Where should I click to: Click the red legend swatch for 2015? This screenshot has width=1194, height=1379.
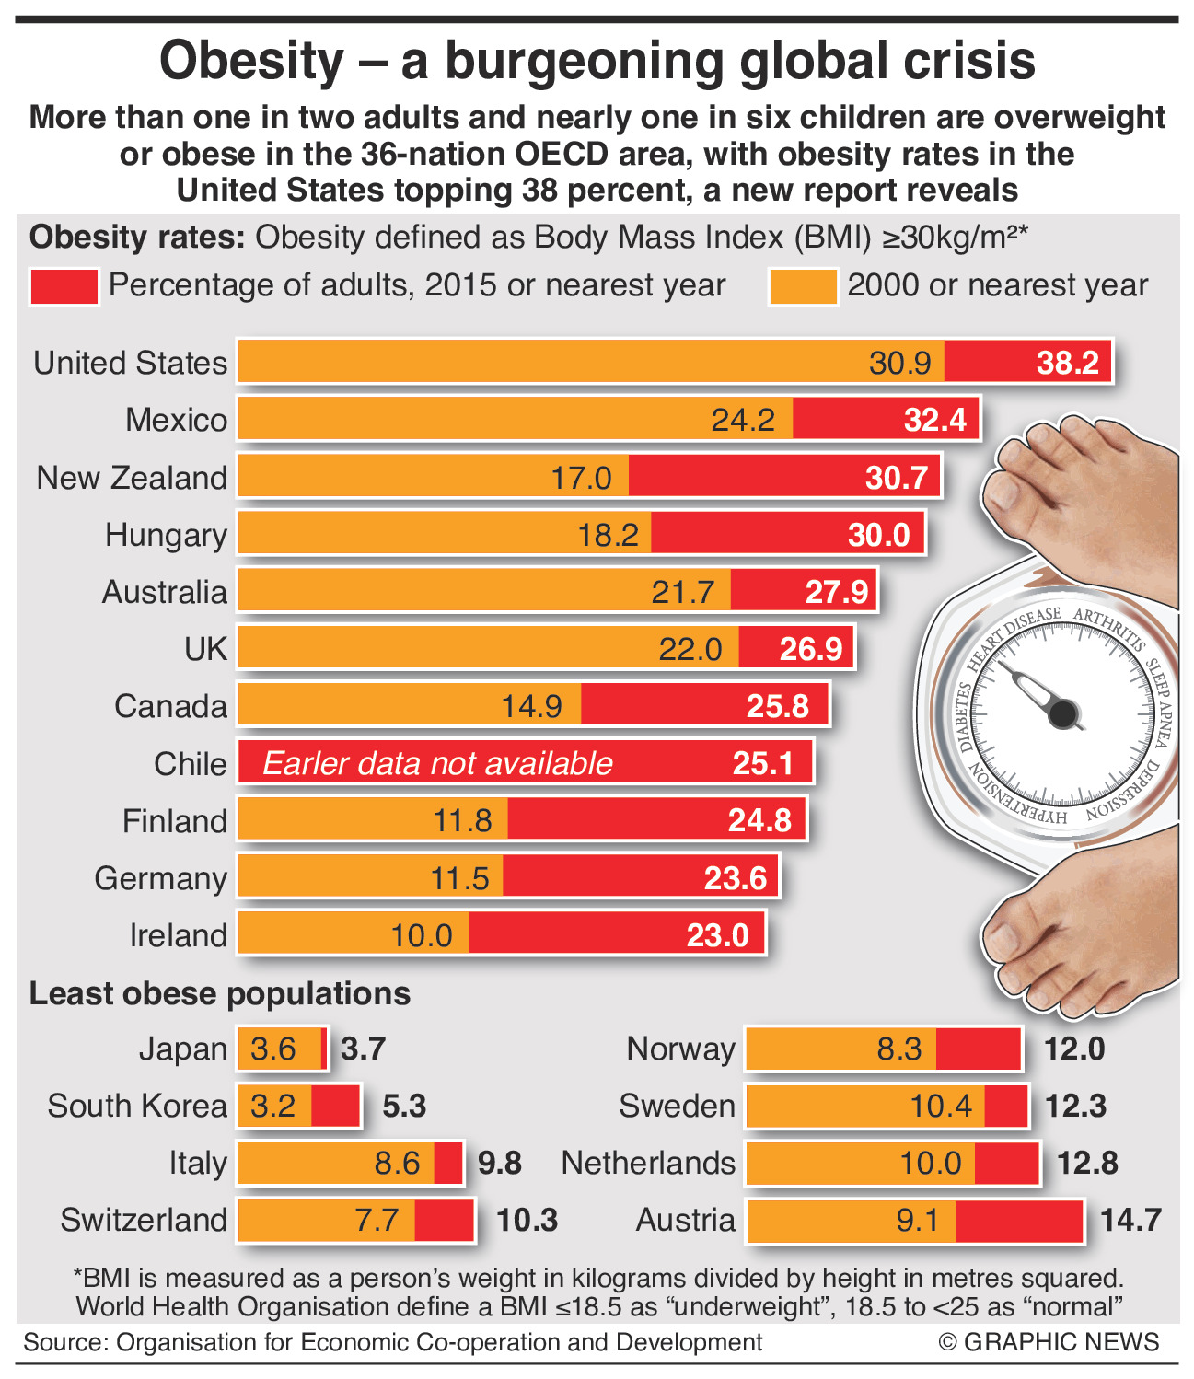pos(64,286)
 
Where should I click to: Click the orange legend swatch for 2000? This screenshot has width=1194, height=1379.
pos(803,286)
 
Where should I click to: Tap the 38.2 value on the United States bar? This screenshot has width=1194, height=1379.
pos(1067,363)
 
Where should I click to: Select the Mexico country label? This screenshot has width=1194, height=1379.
pos(176,420)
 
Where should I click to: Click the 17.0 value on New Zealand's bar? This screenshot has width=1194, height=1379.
pos(581,478)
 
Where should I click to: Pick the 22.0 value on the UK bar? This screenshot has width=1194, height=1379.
pos(690,649)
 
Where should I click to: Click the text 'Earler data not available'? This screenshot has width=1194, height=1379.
pos(437,763)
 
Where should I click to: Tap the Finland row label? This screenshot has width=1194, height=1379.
pos(174,820)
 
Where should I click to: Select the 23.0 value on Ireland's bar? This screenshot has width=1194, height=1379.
pos(718,935)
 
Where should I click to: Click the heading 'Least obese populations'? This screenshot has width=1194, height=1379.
pos(220,993)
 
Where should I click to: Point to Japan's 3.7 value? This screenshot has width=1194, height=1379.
pos(363,1049)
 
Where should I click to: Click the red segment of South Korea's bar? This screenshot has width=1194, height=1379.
pos(335,1106)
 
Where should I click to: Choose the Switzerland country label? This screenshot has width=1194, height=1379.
pos(144,1220)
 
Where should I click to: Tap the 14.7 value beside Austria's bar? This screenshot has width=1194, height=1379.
pos(1130,1220)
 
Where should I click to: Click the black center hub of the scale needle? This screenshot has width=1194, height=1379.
pos(1063,713)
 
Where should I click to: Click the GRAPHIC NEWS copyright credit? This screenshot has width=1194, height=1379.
pos(1049,1341)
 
